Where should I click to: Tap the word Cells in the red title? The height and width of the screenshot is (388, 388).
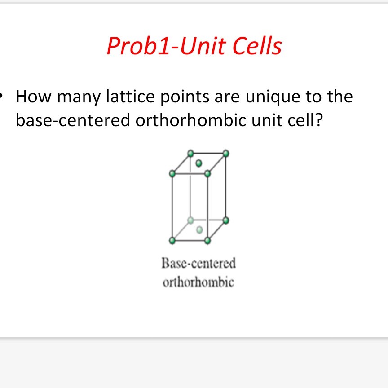click(257, 46)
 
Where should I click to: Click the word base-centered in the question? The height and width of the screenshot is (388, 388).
click(73, 120)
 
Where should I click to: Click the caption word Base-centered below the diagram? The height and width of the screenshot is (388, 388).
click(198, 263)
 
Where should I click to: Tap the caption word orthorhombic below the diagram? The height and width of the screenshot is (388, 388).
click(198, 282)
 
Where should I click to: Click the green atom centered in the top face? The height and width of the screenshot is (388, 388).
click(198, 163)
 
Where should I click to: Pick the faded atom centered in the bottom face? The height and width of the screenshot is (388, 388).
click(199, 230)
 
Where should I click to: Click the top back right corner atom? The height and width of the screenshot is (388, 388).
click(226, 154)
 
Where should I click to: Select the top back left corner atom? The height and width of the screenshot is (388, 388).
click(190, 154)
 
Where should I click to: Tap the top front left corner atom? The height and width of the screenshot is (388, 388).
click(172, 174)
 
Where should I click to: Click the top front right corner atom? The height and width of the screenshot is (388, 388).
click(207, 174)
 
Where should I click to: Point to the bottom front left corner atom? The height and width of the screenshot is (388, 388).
click(172, 240)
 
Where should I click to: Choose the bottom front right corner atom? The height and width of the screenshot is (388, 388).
click(207, 240)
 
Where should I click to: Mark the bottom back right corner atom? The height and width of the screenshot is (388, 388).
click(226, 220)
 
